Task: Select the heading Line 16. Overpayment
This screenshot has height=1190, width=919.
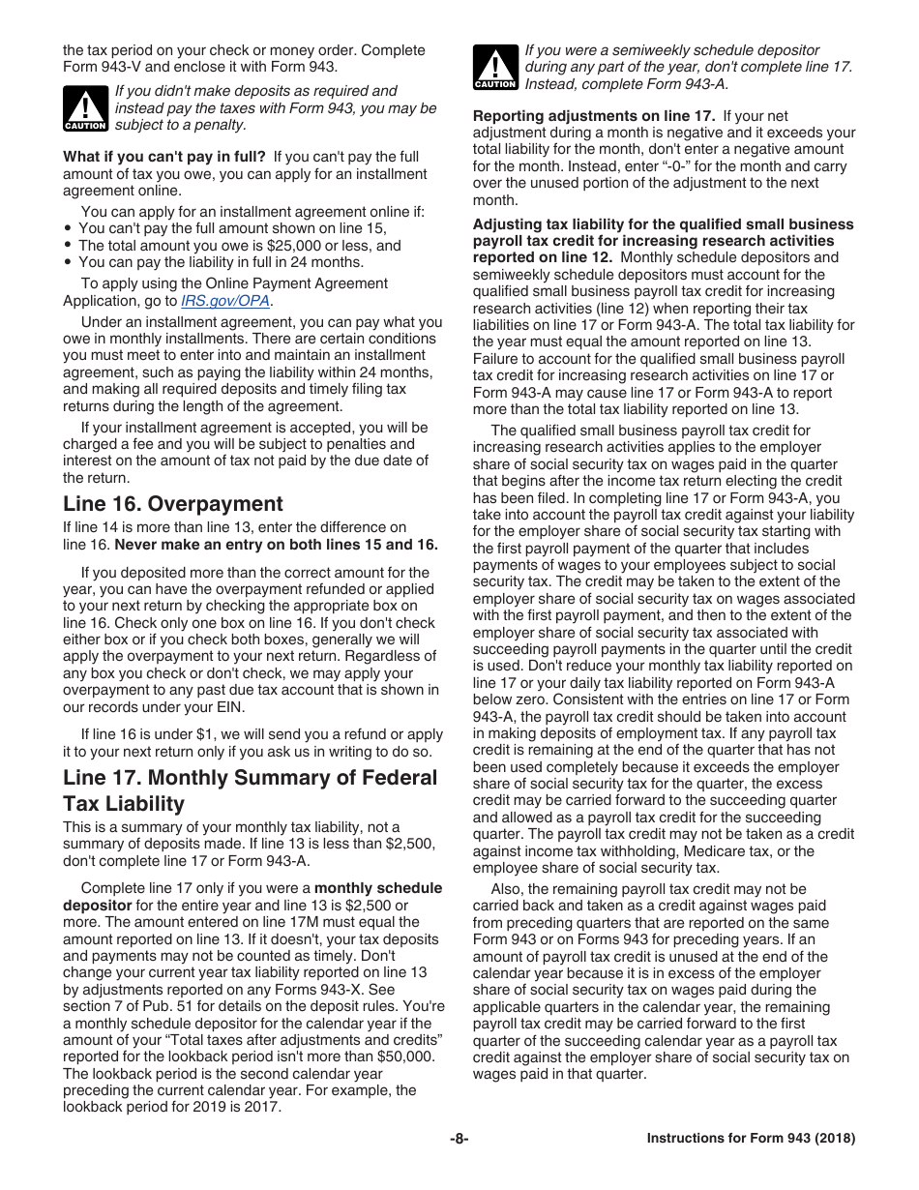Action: (173, 504)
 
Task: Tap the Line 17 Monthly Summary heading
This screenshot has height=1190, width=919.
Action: (250, 790)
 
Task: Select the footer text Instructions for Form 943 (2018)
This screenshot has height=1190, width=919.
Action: (751, 1139)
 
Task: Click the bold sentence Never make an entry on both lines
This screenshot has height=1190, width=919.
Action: (276, 545)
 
